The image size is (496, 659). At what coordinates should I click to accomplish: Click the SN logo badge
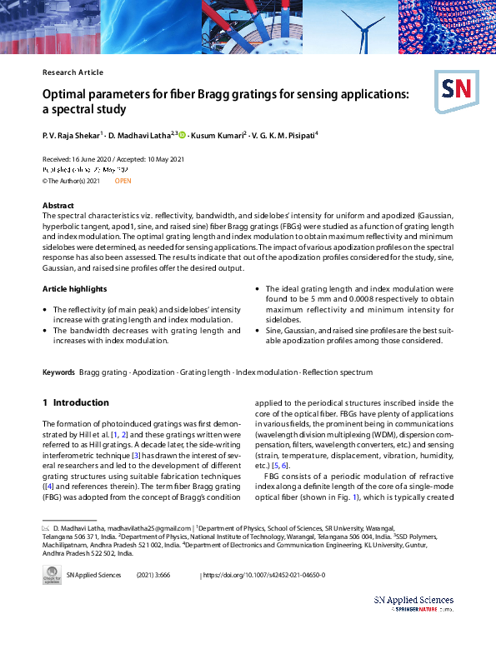pyautogui.click(x=453, y=89)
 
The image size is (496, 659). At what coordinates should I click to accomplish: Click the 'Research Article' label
pyautogui.click(x=73, y=72)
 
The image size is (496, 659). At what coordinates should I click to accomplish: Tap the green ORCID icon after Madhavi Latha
pyautogui.click(x=182, y=134)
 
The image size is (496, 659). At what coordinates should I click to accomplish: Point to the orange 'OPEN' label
pyautogui.click(x=123, y=180)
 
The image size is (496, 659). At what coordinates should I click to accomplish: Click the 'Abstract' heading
pyautogui.click(x=58, y=205)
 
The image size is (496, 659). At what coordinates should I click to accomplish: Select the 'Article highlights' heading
pyautogui.click(x=75, y=288)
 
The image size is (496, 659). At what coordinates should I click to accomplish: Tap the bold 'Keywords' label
pyautogui.click(x=58, y=372)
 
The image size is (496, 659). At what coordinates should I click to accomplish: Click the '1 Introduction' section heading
pyautogui.click(x=75, y=402)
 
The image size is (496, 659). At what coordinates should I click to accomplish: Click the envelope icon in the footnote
pyautogui.click(x=46, y=529)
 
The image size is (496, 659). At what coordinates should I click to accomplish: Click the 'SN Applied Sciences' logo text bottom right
pyautogui.click(x=413, y=600)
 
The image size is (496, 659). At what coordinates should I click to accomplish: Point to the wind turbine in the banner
pyautogui.click(x=362, y=25)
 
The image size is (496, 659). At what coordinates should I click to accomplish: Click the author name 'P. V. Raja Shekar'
pyautogui.click(x=71, y=134)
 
